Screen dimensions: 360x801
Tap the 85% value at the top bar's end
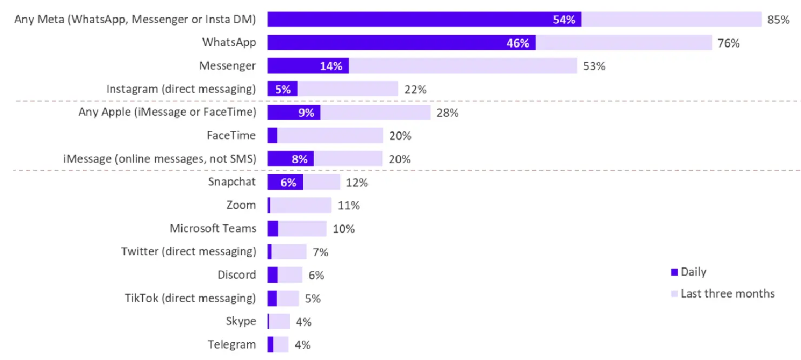[x=778, y=20]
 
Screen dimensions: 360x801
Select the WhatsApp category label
[x=229, y=42]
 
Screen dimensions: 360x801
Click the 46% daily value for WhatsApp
[x=518, y=43]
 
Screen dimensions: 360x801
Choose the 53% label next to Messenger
[x=594, y=66]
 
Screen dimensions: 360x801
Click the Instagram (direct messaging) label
[x=181, y=89]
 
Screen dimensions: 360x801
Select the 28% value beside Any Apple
[x=447, y=113]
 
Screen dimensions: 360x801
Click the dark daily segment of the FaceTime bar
[x=273, y=136]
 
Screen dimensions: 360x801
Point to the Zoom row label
[x=241, y=205]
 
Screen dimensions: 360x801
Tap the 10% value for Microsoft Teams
[x=343, y=229]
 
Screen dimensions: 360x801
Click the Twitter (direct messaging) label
[x=188, y=251]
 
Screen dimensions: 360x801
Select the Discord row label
[x=237, y=275]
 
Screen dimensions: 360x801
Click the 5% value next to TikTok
[x=313, y=298]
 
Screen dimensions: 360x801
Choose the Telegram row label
[x=232, y=344]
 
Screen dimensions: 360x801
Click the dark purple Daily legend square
[x=674, y=272]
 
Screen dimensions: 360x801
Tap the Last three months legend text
[x=727, y=294]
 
